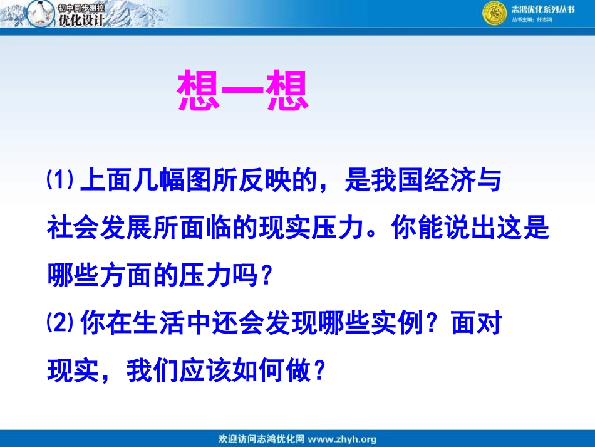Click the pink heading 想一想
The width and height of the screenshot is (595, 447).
[244, 92]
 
